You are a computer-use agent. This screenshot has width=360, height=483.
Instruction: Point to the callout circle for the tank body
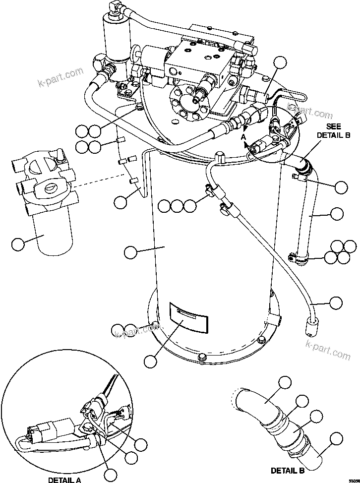130,252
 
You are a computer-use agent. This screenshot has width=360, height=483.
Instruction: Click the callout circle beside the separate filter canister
18,243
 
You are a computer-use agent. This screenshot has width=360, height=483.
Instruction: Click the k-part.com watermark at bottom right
328,350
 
